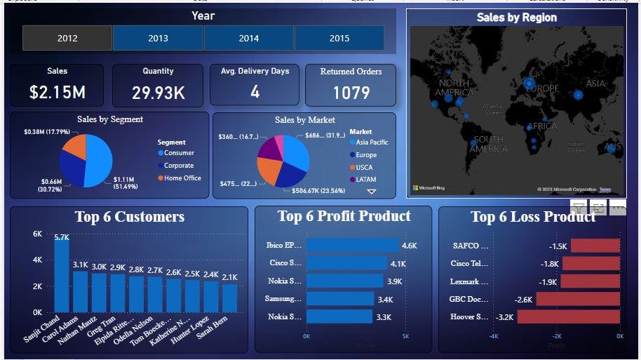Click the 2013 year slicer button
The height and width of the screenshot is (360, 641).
point(158,39)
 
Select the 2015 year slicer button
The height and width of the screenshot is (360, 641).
point(339,39)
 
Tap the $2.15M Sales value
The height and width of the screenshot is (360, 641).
point(57,92)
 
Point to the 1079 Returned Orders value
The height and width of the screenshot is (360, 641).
point(351,93)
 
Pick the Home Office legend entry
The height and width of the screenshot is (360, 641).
point(182,178)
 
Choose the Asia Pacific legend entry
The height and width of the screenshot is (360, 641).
point(372,142)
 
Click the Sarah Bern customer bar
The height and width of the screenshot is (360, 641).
point(230,298)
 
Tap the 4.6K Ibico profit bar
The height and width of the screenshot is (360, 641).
point(352,246)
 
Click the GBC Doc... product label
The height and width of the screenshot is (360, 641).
point(469,299)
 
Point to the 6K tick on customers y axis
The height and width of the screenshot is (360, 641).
point(37,234)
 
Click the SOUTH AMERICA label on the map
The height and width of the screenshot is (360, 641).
point(488,144)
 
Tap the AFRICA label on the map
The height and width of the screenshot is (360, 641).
point(542,126)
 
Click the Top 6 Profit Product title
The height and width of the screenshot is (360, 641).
point(344,216)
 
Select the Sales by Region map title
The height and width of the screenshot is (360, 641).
point(516,18)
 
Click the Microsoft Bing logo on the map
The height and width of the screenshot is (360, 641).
point(429,188)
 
